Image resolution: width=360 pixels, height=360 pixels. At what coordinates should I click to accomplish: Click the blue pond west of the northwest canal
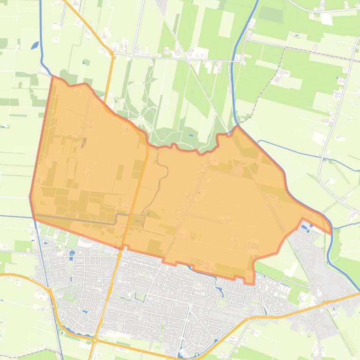point(35,45)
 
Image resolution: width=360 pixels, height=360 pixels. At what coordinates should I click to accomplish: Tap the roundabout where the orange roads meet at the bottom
point(95,340)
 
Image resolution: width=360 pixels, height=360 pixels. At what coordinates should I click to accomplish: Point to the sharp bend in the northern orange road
point(112,54)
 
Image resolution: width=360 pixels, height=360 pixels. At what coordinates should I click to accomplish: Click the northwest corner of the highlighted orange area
point(52,76)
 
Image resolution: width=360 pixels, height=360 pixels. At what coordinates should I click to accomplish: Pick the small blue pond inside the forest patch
point(191,135)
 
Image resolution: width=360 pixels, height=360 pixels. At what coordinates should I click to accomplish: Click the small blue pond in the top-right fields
point(296,35)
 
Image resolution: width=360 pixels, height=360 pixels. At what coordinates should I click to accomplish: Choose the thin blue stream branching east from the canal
point(304,152)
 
